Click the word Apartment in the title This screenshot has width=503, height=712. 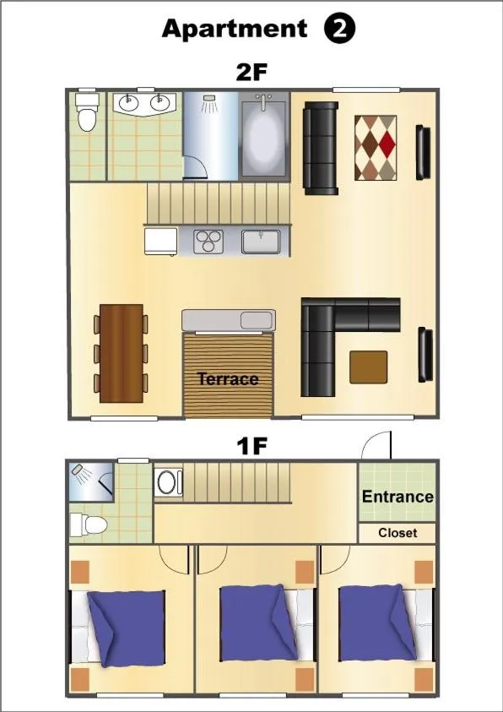pos(235,29)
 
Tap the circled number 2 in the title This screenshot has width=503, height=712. pos(340,29)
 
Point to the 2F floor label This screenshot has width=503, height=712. pos(251,73)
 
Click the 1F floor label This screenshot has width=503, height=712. pos(251,446)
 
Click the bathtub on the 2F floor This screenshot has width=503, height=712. pos(264,137)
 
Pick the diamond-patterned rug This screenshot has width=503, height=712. pos(376,147)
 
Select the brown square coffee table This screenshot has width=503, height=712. pos(369,367)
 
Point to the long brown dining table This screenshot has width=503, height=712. pos(122,352)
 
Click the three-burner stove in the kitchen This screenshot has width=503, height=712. pos(208,241)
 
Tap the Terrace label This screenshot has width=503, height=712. pos(228,379)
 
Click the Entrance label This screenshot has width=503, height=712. pos(398,497)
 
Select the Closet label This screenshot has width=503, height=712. pos(398,533)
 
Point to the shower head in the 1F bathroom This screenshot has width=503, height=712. pos(78,470)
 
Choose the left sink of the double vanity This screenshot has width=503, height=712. pos(129,104)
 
